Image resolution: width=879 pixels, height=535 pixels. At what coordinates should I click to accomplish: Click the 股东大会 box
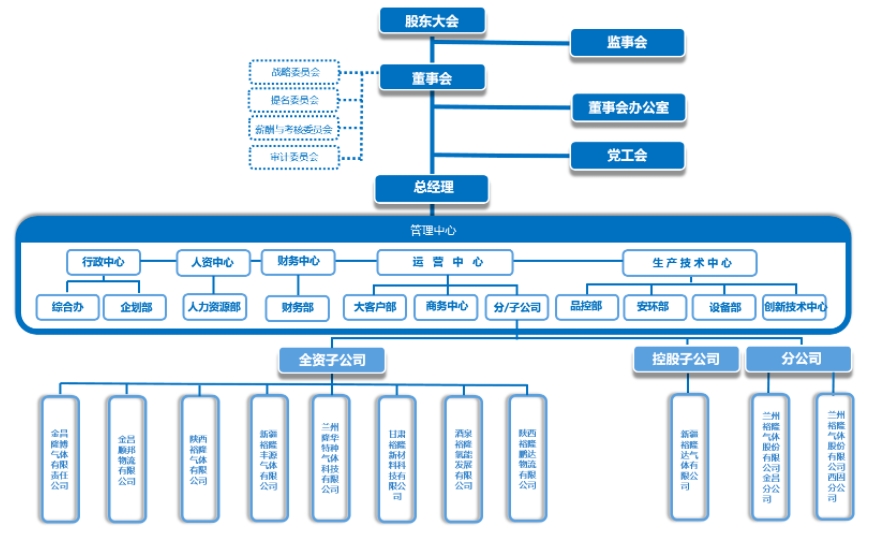432,20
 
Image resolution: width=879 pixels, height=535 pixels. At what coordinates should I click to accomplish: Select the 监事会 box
627,42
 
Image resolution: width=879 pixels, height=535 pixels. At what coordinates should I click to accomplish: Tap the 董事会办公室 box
627,107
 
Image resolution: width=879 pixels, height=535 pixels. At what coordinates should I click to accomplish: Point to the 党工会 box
627,155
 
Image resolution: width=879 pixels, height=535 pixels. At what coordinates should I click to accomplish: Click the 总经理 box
432,187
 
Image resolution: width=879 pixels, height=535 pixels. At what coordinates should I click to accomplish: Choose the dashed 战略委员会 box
294,72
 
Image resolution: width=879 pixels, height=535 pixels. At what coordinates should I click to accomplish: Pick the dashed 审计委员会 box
294,156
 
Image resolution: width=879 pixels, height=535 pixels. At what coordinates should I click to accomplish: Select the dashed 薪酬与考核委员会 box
294,128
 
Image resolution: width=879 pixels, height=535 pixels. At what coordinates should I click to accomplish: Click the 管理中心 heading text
433,230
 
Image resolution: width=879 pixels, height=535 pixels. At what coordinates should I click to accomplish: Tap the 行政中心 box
103,262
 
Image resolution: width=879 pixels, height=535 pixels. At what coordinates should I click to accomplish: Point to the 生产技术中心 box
690,263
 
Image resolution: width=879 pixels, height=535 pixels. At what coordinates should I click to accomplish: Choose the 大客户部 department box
375,306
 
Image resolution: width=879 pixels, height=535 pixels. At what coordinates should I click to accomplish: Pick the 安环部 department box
653,306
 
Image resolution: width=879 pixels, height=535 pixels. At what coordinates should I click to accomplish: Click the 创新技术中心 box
795,306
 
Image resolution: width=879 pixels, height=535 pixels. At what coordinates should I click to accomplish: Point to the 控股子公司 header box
686,358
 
